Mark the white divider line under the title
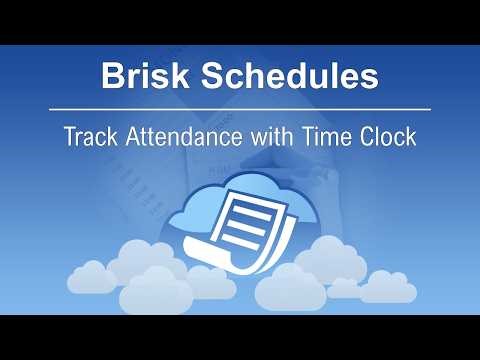point(240,107)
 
